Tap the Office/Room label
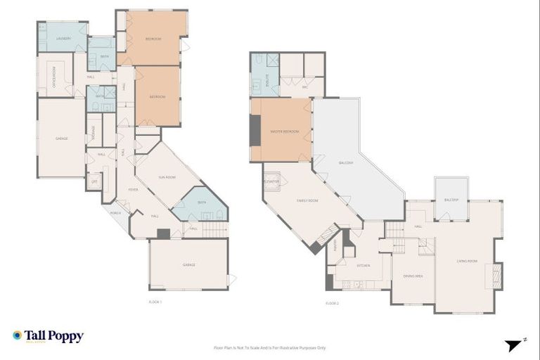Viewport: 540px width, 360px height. [x=51, y=75]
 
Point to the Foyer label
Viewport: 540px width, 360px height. [x=132, y=190]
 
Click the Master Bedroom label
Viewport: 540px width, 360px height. [x=285, y=131]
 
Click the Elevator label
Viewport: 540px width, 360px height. [x=271, y=182]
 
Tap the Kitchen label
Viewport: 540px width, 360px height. [x=363, y=266]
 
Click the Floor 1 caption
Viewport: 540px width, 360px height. [x=155, y=302]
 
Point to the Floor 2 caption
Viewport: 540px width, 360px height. [x=333, y=303]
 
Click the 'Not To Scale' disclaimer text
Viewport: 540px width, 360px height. [x=269, y=347]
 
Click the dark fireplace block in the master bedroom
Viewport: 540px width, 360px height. [x=255, y=130]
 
